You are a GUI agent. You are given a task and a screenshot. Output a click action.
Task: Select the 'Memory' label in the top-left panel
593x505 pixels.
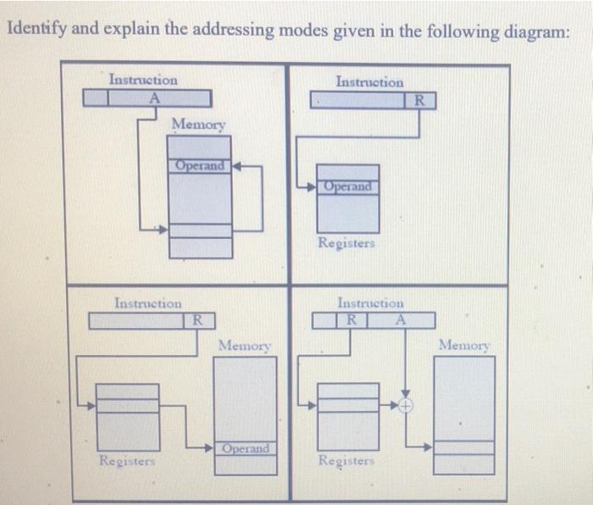click(199, 125)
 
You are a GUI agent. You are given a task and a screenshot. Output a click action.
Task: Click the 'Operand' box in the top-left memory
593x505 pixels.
click(200, 166)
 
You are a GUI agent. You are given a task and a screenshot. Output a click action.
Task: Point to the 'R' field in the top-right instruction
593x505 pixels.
click(418, 102)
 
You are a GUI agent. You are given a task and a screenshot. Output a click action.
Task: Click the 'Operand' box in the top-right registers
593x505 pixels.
click(347, 186)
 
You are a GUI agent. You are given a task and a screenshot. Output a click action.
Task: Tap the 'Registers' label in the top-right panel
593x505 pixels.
click(346, 243)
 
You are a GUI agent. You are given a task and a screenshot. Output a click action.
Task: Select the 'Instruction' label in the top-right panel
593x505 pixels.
click(369, 82)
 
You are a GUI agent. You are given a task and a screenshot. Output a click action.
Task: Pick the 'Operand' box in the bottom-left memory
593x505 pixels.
click(245, 448)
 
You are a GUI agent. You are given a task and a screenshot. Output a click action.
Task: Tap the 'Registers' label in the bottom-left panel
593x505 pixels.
click(127, 461)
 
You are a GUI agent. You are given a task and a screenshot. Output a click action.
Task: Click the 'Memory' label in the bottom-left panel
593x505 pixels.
click(245, 346)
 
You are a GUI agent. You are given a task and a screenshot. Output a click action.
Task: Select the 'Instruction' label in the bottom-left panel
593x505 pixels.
click(147, 302)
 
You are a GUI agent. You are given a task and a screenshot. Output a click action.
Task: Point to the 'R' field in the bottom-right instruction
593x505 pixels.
click(350, 320)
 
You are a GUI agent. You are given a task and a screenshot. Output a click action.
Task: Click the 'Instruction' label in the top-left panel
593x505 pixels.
click(143, 80)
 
